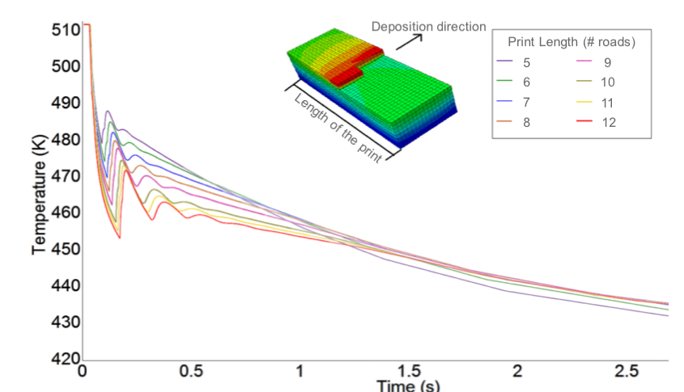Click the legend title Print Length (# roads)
(571, 41)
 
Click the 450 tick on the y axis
(70, 249)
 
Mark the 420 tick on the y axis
(70, 358)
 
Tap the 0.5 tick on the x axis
(191, 371)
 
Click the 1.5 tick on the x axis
(408, 371)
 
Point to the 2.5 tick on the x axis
(625, 371)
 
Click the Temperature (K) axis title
(40, 195)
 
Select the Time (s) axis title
(408, 386)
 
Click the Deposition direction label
(428, 27)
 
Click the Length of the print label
(338, 129)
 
